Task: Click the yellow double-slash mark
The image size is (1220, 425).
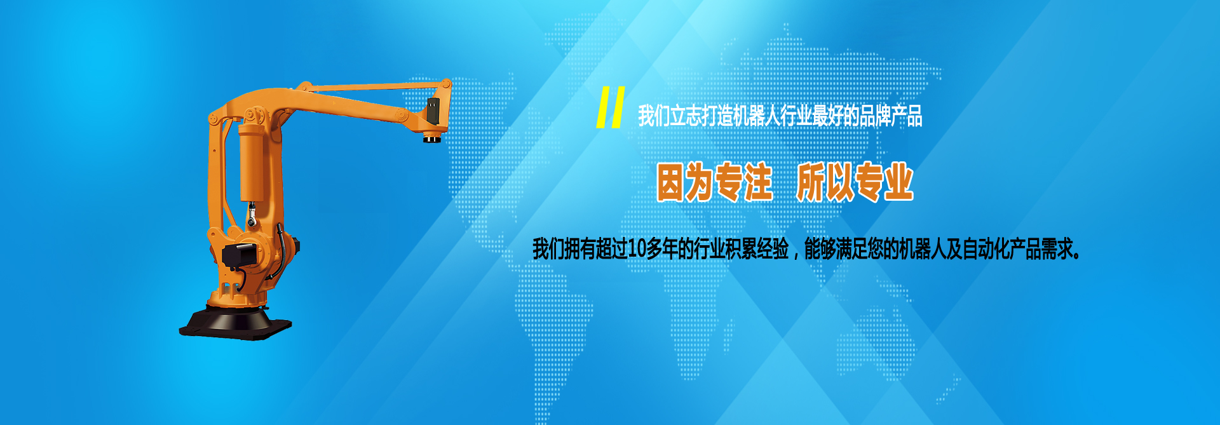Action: click(x=610, y=107)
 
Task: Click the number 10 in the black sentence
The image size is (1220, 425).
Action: click(x=637, y=249)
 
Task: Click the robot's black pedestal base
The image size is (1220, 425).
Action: click(x=235, y=323)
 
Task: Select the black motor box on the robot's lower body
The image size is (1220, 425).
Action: click(x=240, y=254)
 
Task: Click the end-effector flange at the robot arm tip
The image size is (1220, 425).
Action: click(x=435, y=137)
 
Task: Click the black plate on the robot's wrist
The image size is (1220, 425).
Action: click(x=433, y=111)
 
